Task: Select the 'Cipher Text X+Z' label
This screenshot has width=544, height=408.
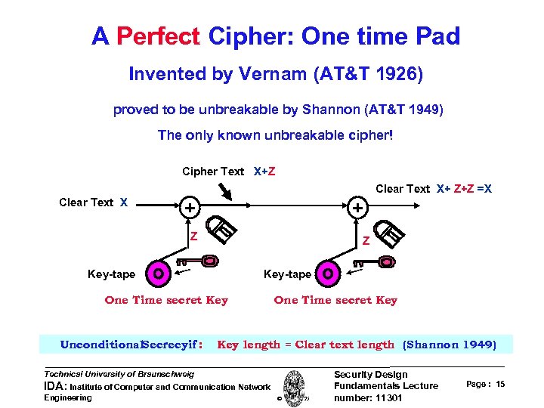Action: click(x=229, y=172)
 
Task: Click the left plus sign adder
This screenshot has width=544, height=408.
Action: click(x=191, y=206)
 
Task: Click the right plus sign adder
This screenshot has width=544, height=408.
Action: click(x=357, y=206)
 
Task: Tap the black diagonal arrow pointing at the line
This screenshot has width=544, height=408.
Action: click(x=227, y=193)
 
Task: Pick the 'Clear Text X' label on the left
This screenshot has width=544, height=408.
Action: click(x=93, y=202)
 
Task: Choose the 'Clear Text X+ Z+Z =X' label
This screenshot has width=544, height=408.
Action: click(x=434, y=189)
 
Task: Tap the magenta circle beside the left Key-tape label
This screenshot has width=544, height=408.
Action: click(x=158, y=274)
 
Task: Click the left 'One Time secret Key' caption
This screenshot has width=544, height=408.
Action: click(x=166, y=300)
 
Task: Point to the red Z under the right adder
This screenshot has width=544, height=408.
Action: click(x=365, y=242)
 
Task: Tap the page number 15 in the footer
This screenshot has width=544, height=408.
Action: click(x=501, y=385)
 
